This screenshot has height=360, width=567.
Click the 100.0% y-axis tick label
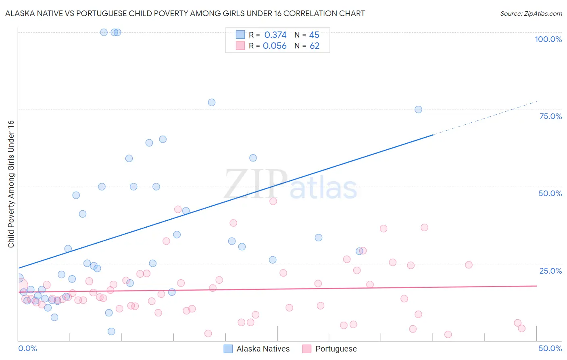coord(548,39)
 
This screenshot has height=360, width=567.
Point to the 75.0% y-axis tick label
coord(550,116)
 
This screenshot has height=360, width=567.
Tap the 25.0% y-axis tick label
coord(550,270)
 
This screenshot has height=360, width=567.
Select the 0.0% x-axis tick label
coord(27,348)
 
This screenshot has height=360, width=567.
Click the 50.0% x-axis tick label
coord(550,348)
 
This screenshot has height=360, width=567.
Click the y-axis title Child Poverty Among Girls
coord(11,184)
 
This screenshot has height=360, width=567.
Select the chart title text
coord(185,13)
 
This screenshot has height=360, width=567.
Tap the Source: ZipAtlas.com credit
coord(531,13)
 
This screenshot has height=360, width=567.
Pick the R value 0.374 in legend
coord(275,35)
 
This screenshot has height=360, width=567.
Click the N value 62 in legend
coord(315,46)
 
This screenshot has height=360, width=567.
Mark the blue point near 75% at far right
coord(418,109)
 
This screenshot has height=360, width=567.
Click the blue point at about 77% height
coord(212,103)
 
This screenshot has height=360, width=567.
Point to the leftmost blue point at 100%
coord(104,32)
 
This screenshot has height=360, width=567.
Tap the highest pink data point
coord(273,201)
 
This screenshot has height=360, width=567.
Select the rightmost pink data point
coord(521,329)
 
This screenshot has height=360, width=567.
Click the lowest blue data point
coord(111,331)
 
